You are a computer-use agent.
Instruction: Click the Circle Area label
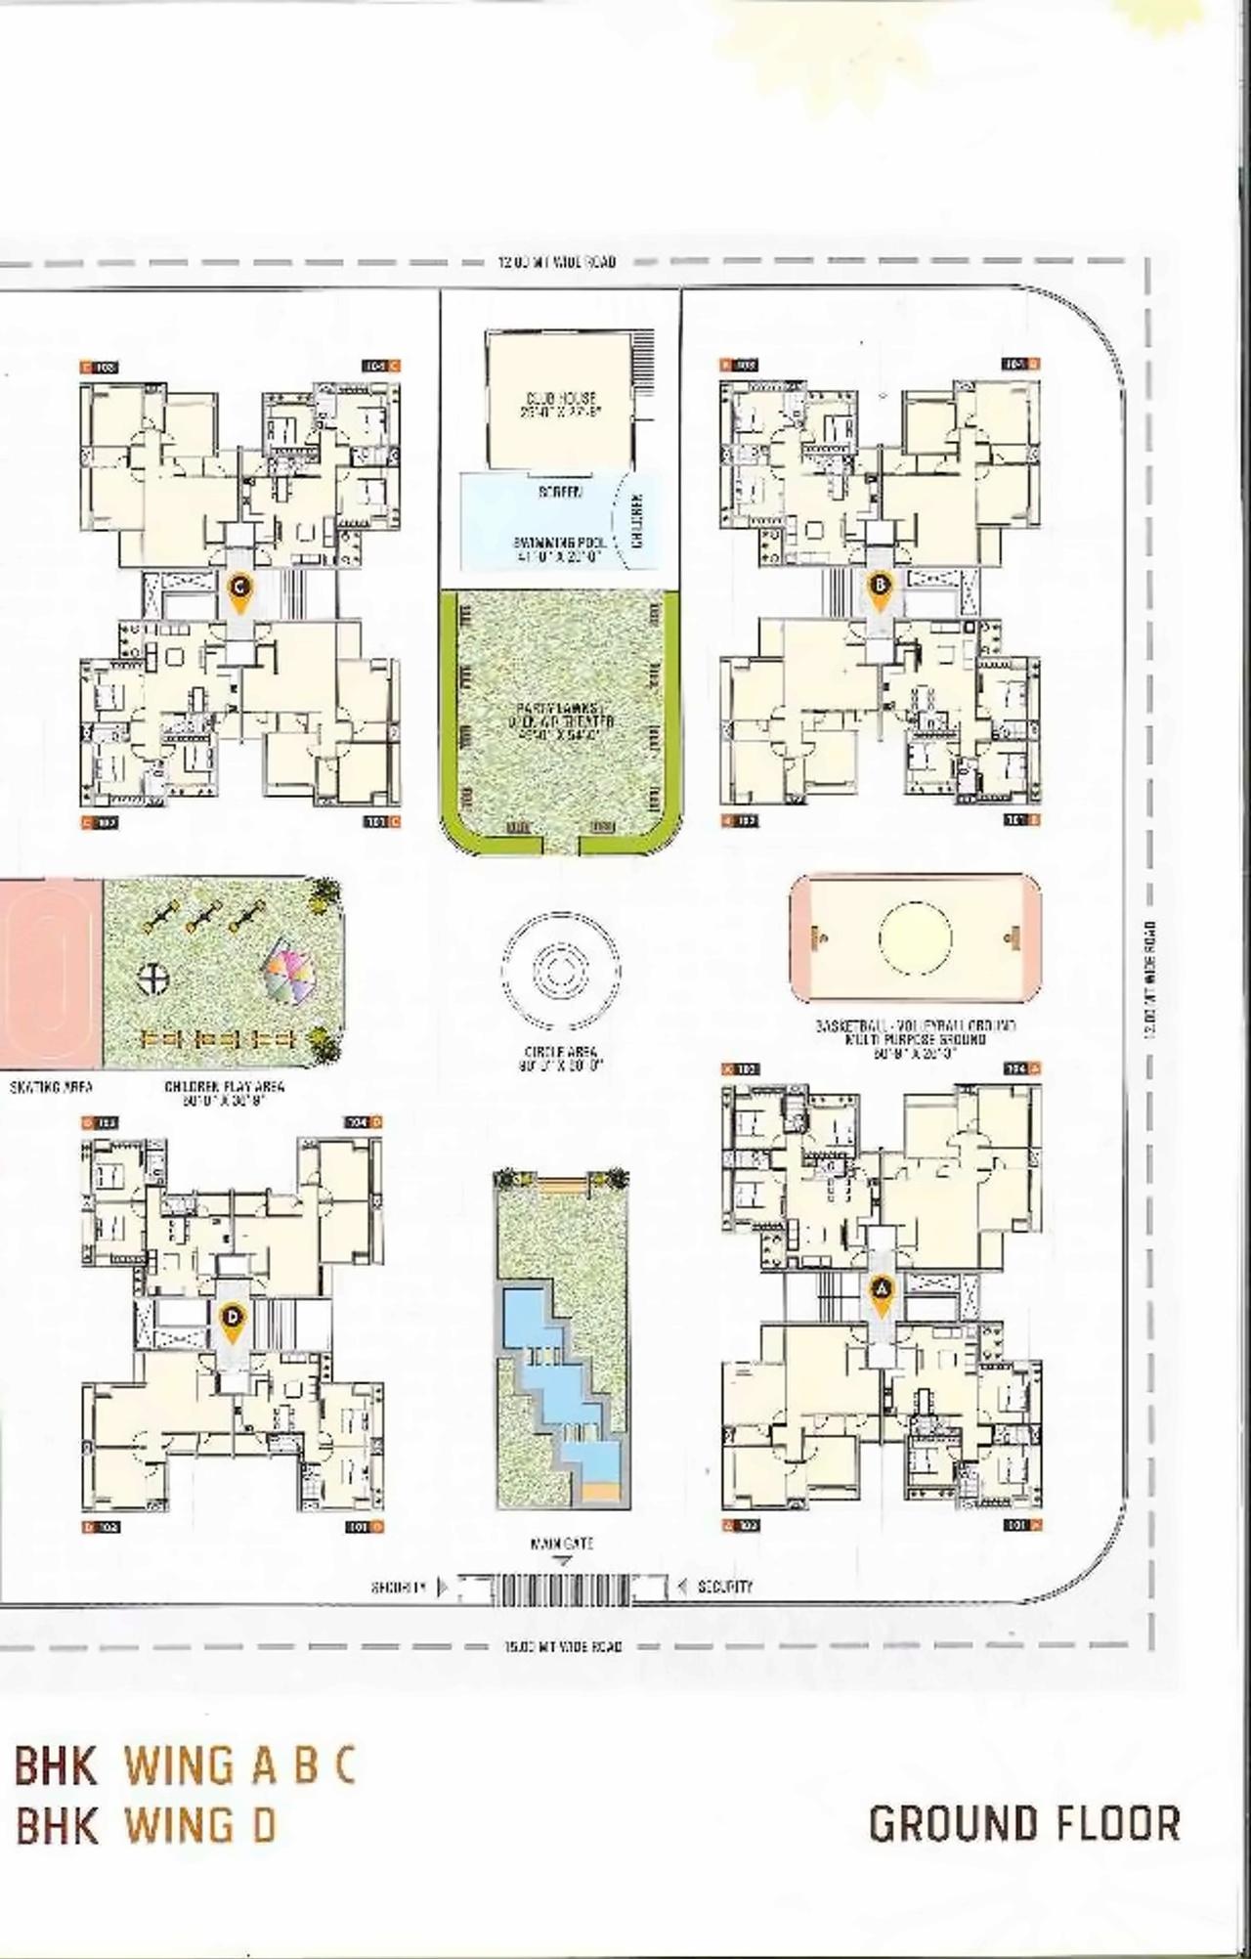[x=561, y=1058]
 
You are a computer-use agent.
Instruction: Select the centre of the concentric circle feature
[x=560, y=970]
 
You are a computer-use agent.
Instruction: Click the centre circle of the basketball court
[x=915, y=938]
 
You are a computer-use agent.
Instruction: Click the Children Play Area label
[x=225, y=1092]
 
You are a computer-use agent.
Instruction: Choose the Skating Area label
[x=52, y=1086]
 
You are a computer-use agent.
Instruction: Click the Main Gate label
[x=561, y=1544]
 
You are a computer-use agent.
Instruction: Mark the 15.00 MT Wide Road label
[x=563, y=1646]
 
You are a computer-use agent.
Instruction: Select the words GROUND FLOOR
[x=1024, y=1824]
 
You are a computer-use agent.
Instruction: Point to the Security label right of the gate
[x=725, y=1587]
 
